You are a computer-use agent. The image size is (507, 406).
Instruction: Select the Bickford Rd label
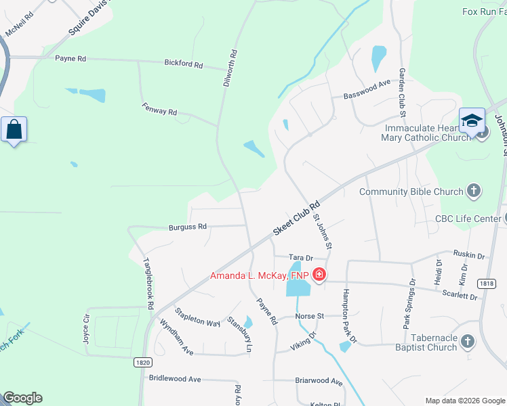point(184,64)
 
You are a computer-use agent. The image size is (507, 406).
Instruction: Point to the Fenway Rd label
point(159,108)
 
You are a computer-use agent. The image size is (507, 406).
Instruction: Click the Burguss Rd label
point(188,227)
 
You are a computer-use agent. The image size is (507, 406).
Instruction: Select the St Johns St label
point(321,231)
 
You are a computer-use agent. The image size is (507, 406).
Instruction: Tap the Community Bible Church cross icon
point(473,191)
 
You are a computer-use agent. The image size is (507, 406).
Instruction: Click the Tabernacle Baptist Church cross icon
point(468,342)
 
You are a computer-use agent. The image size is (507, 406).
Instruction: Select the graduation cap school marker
point(472,120)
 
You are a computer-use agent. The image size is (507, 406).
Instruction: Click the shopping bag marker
point(14,129)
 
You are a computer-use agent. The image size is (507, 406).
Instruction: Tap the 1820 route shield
point(142,362)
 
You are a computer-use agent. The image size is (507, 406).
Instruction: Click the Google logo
point(22,398)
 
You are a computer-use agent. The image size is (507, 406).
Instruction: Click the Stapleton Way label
point(197,318)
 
